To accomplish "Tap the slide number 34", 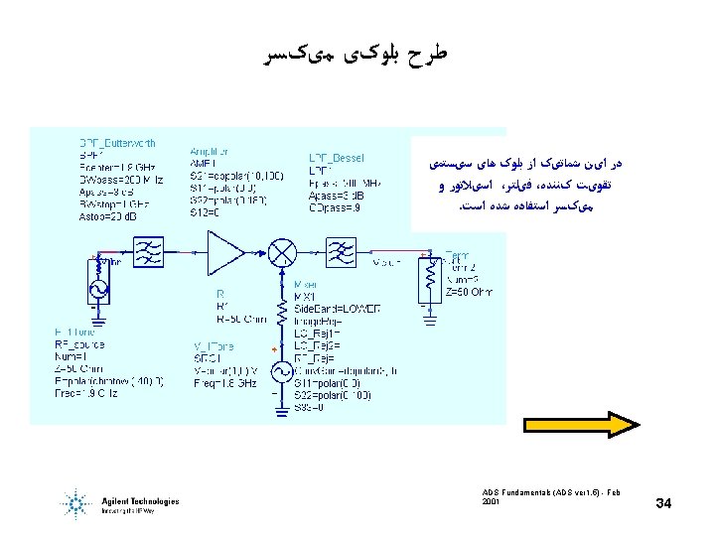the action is click(x=664, y=506).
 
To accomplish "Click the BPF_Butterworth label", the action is click(x=117, y=144).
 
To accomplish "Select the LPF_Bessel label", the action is click(x=337, y=157).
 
